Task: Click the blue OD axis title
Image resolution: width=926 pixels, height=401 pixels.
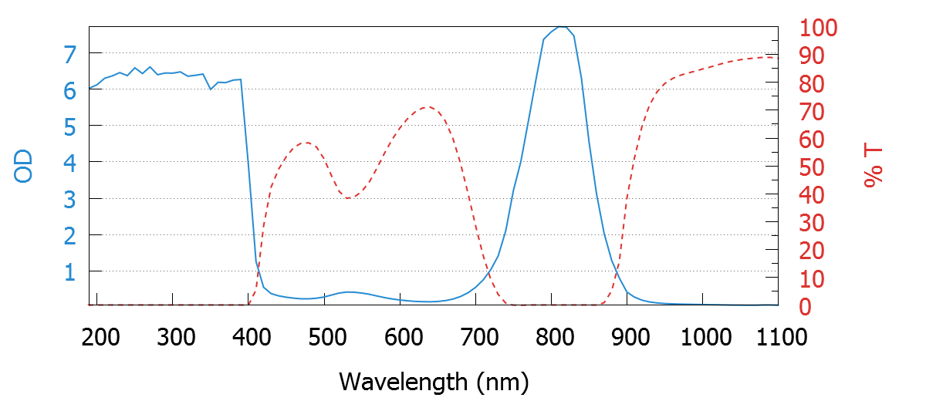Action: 24,166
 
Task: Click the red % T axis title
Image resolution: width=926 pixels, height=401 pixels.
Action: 873,166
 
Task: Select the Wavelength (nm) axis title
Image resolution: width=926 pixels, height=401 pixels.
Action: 434,381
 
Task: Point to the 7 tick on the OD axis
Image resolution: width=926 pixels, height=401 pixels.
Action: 70,54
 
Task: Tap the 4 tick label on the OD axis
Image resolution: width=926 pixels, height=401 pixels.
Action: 70,163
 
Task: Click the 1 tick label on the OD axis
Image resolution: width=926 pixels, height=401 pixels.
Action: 70,272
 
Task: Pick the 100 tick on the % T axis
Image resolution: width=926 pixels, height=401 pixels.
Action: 819,29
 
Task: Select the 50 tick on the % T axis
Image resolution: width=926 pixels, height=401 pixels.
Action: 812,167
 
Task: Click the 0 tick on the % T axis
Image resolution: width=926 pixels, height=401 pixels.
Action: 806,307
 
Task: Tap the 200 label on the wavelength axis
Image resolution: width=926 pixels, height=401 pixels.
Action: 99,337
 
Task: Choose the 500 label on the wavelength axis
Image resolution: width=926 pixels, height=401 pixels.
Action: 326,337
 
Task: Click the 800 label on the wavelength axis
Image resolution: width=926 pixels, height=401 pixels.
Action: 553,337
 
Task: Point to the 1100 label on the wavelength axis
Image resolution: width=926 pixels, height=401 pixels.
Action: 779,337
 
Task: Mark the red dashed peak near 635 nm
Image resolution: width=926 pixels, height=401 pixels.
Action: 428,107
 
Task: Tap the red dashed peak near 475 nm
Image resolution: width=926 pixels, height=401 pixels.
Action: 306,143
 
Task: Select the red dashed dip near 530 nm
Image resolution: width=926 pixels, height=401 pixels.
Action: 349,198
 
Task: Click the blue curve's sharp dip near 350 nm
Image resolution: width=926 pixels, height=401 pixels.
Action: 211,89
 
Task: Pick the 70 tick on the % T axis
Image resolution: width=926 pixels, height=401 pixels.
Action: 812,112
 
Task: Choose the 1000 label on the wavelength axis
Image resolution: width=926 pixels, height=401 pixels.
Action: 703,337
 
